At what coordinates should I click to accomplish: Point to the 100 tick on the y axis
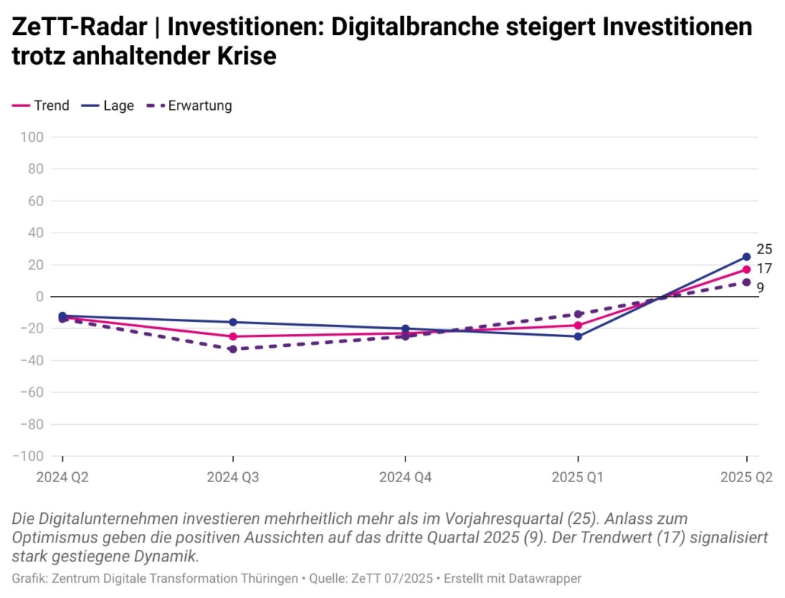[34, 137]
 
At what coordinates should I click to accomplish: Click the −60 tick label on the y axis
[30, 392]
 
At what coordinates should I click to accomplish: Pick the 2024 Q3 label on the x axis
[233, 477]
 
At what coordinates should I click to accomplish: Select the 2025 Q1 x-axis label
[578, 477]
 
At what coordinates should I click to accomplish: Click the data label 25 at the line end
[764, 249]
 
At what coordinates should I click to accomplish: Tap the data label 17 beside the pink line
[764, 268]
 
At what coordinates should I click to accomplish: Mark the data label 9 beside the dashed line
[760, 288]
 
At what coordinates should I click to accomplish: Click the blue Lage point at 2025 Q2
[746, 257]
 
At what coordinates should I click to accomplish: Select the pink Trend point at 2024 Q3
[233, 336]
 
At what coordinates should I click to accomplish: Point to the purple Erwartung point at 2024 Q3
[233, 349]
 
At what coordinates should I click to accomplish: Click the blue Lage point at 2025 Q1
[578, 336]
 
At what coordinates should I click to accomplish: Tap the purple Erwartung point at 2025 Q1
[578, 314]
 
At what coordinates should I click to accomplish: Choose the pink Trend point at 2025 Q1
[578, 325]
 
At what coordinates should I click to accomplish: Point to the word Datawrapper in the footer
[544, 578]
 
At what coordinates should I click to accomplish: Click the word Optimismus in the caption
[57, 537]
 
